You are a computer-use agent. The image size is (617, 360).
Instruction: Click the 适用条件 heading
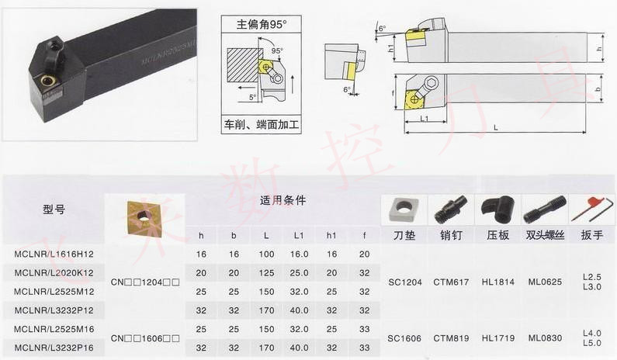(x=283, y=200)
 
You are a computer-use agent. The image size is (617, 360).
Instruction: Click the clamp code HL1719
(x=497, y=337)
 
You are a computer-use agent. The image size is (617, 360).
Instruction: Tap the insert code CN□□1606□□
(x=145, y=337)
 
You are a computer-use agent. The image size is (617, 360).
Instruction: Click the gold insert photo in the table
(x=144, y=219)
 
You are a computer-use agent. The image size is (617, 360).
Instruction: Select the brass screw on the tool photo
(x=47, y=79)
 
